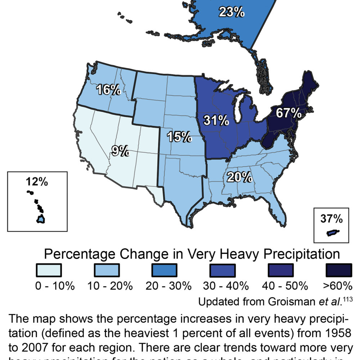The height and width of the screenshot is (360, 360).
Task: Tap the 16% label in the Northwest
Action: tap(108, 90)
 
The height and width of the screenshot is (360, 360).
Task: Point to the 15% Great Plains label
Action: tap(179, 136)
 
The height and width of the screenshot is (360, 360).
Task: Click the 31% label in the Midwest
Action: tap(216, 120)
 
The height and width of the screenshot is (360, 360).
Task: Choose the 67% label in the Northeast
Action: tap(289, 113)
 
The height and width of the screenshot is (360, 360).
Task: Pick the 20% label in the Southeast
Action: tap(239, 177)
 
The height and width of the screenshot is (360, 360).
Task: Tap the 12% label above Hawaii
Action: tap(37, 182)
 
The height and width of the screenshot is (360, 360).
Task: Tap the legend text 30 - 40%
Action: tap(226, 286)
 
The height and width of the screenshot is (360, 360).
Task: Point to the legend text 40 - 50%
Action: tap(285, 286)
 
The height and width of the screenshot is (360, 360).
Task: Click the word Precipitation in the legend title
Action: tap(301, 254)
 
